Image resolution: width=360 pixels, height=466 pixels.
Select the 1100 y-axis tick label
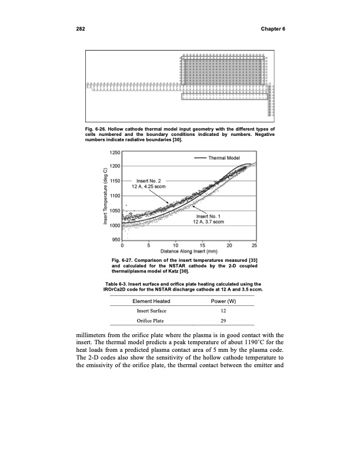[x=114, y=195]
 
